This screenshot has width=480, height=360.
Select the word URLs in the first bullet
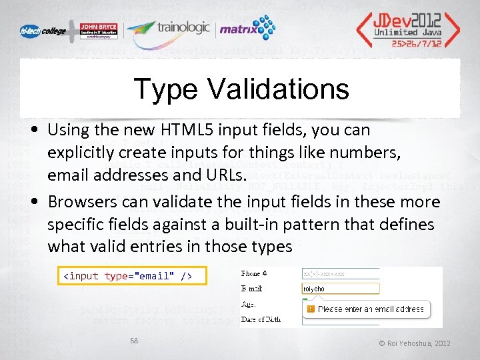223,175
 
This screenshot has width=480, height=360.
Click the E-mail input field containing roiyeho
340,289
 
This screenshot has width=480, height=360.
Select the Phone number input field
340,274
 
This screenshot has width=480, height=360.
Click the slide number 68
134,341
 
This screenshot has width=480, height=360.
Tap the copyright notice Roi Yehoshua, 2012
414,343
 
